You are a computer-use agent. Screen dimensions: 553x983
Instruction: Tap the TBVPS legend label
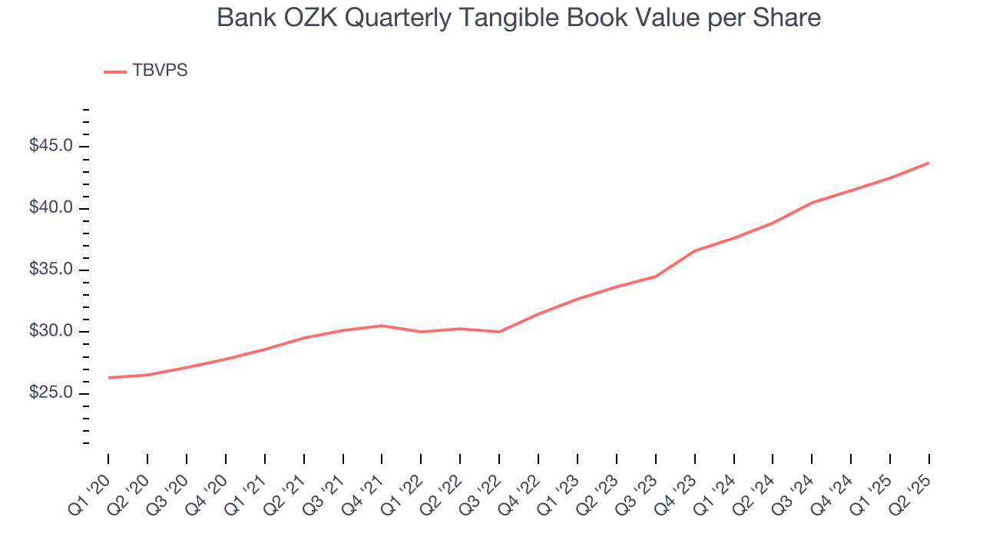pyautogui.click(x=160, y=71)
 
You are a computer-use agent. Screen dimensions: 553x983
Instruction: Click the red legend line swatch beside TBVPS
pyautogui.click(x=115, y=71)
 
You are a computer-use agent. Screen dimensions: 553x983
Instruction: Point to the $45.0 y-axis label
pyautogui.click(x=51, y=146)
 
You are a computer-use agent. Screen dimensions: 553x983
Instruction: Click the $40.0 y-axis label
pyautogui.click(x=51, y=208)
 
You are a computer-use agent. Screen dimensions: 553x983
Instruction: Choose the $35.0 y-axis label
pyautogui.click(x=51, y=270)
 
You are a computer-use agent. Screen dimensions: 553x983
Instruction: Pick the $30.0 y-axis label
pyautogui.click(x=51, y=332)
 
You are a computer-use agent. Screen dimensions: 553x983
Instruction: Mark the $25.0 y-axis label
pyautogui.click(x=51, y=393)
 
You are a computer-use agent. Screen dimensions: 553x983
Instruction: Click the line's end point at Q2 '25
pyautogui.click(x=928, y=163)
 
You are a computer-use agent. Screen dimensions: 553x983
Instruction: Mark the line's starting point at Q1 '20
pyautogui.click(x=108, y=378)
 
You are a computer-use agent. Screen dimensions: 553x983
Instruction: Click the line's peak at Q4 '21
pyautogui.click(x=382, y=326)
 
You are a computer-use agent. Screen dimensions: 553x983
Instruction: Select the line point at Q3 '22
pyautogui.click(x=499, y=332)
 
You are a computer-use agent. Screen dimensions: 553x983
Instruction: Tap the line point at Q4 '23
pyautogui.click(x=694, y=250)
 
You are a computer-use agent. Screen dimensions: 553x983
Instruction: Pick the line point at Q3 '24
pyautogui.click(x=812, y=203)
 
